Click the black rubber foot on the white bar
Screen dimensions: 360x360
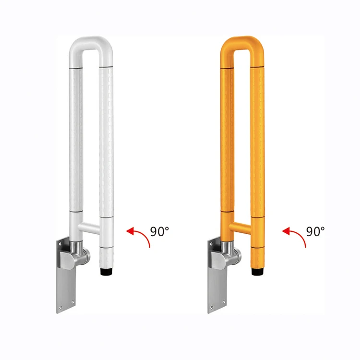[x=106, y=271]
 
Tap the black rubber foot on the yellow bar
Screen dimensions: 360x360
[x=257, y=271]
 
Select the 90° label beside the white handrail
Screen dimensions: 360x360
[x=159, y=231]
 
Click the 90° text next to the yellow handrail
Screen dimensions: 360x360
[x=315, y=231]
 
